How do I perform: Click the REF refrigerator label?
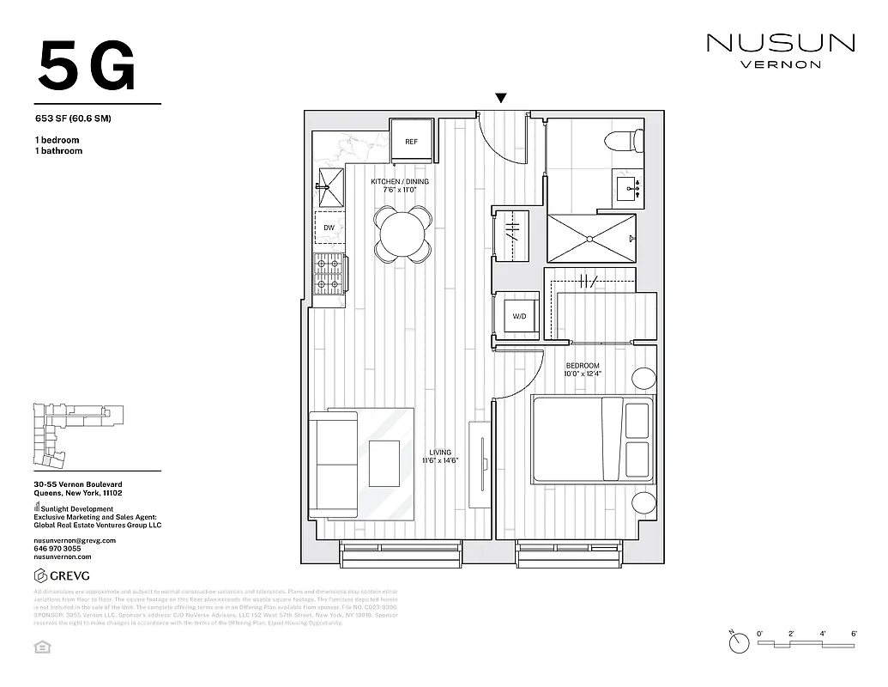click(412, 142)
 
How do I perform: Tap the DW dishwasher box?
click(329, 228)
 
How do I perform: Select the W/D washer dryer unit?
click(519, 317)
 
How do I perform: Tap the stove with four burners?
click(329, 274)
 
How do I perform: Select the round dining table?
click(402, 234)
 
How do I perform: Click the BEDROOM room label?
click(582, 367)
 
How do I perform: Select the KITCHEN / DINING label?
click(400, 182)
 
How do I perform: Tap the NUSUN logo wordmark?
click(780, 43)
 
